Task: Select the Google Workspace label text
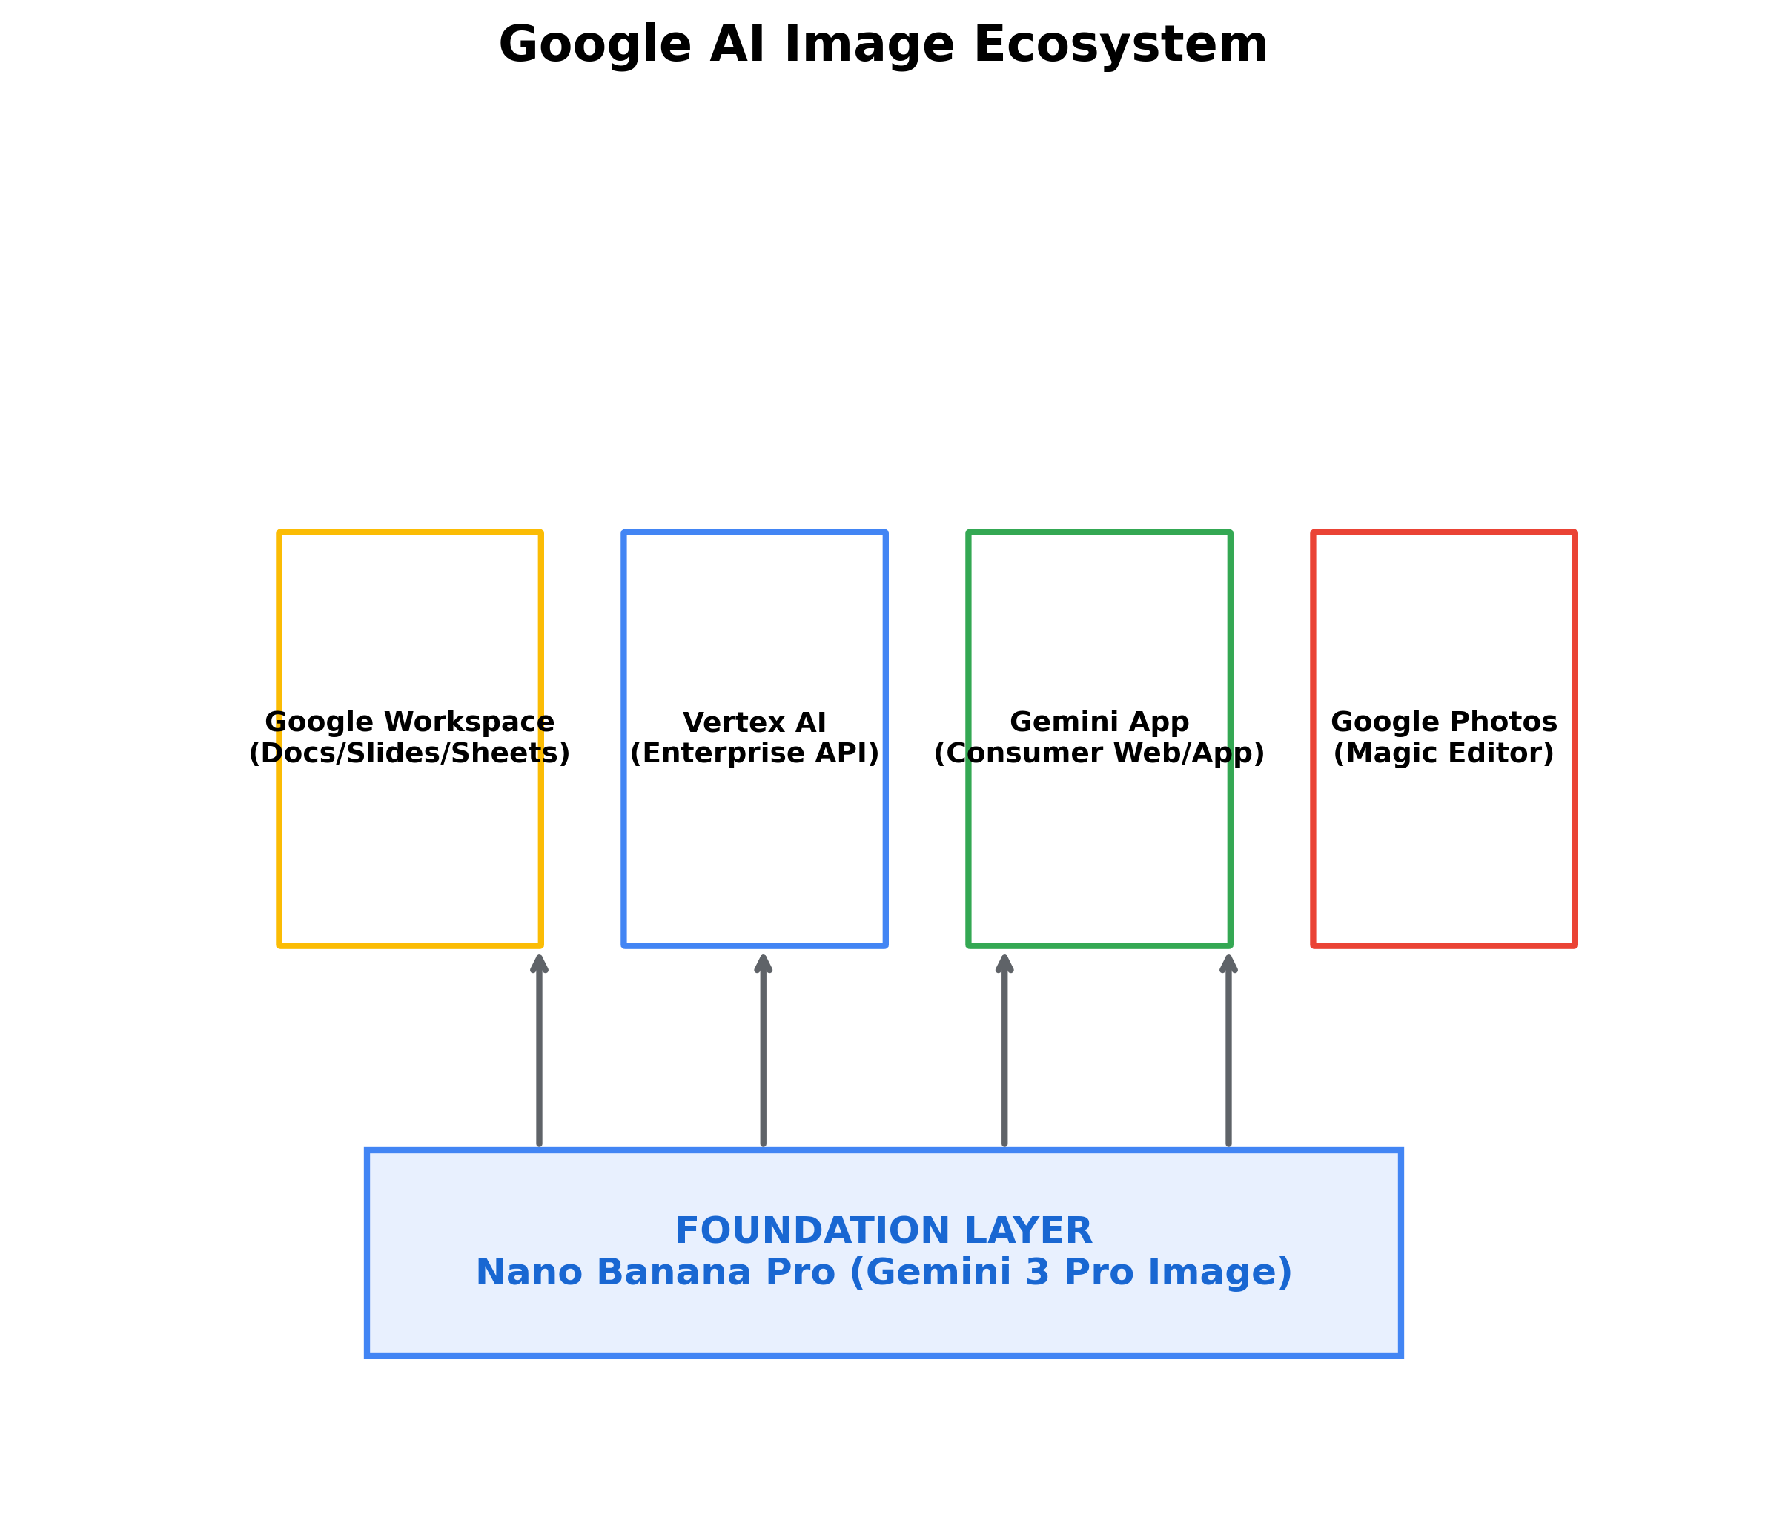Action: point(410,722)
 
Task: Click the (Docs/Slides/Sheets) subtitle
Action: point(410,753)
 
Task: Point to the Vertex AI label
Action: point(755,722)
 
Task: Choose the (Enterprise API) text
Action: point(755,753)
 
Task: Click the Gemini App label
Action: point(1099,722)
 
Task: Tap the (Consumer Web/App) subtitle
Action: point(1099,753)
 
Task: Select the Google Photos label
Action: point(1444,722)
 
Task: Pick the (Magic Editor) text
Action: point(1444,753)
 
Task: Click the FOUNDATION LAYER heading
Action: point(883,1231)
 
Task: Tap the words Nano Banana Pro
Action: point(655,1272)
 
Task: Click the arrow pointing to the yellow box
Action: point(539,1050)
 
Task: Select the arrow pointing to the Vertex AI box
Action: point(763,1050)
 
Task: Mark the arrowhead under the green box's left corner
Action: point(1004,965)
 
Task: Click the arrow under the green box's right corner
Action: point(1229,1050)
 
